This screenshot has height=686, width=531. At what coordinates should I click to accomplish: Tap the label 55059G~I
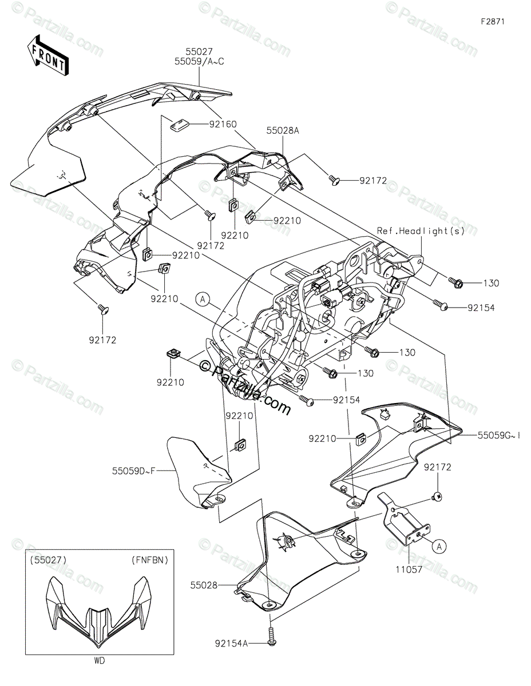pos(500,436)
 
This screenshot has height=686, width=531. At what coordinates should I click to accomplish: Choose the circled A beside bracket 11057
pos(439,547)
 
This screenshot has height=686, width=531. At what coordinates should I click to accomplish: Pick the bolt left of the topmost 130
pos(456,282)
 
